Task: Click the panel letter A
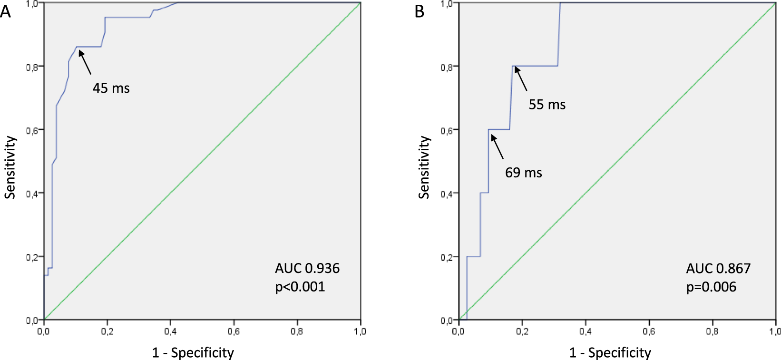pos(6,11)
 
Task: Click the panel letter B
pos(419,11)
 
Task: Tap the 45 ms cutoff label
pos(111,88)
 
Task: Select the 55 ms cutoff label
pos(547,105)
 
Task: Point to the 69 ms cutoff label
pos(523,173)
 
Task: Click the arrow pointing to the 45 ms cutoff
pos(85,62)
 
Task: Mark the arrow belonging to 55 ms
pos(521,78)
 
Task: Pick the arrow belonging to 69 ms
pos(497,146)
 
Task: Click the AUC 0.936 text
pos(307,268)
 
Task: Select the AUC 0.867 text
pos(718,268)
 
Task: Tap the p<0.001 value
pos(300,287)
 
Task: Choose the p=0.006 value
pos(711,287)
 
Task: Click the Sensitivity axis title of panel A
pos(10,167)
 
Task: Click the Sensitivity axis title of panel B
pos(424,167)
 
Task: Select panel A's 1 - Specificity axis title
pos(193,352)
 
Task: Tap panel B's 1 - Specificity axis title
pos(610,352)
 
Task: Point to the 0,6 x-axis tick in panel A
pos(234,331)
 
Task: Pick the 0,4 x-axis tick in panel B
pos(586,331)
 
